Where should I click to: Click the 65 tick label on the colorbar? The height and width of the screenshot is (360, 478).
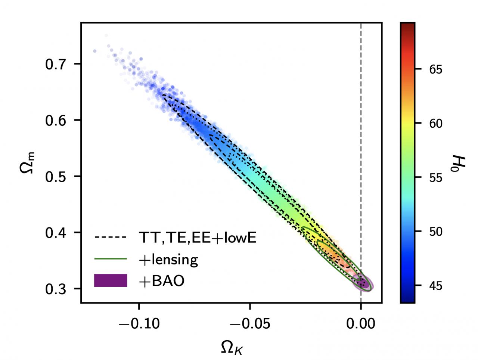point(434,69)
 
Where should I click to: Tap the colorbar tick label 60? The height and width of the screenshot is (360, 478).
point(434,124)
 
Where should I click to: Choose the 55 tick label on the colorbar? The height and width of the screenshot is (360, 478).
point(434,178)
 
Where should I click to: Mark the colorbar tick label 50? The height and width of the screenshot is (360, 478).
point(434,232)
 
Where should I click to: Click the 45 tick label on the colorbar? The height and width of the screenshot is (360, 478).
point(434,286)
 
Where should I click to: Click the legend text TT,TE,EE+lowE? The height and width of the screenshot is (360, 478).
point(197,238)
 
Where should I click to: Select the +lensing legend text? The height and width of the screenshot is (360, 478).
point(168,259)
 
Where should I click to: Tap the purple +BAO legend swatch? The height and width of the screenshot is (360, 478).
point(111,280)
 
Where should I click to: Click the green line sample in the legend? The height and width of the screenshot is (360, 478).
point(111,258)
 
